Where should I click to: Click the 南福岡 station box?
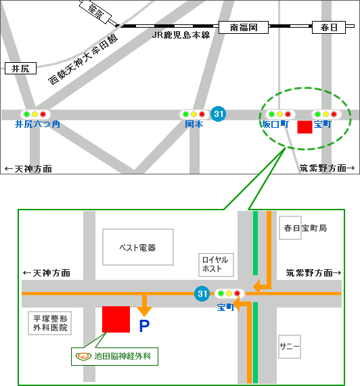tap(244, 28)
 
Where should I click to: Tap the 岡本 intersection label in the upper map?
tap(194, 124)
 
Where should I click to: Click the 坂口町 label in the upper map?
tap(275, 124)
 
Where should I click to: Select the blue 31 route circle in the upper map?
tap(218, 114)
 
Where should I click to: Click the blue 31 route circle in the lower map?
tap(202, 293)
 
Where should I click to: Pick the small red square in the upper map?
tap(305, 127)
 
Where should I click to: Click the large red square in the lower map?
tap(116, 319)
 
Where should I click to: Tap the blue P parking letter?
tap(143, 327)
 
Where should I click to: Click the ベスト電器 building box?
tap(137, 247)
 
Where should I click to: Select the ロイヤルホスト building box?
tap(215, 264)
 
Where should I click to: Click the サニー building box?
tap(290, 346)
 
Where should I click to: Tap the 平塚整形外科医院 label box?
tap(51, 322)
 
